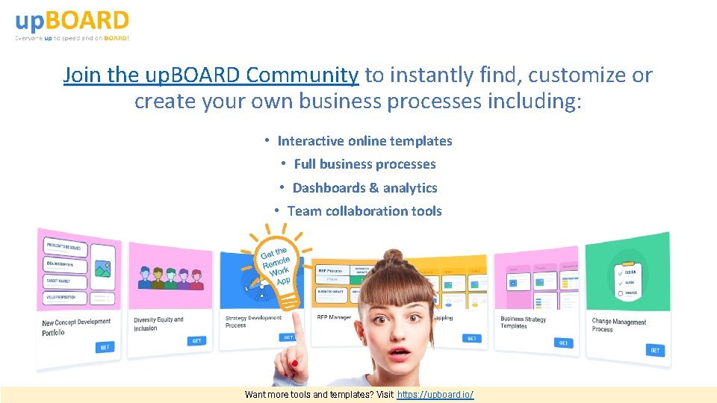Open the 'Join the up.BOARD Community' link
pyautogui.click(x=211, y=75)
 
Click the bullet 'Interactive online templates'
pyautogui.click(x=364, y=140)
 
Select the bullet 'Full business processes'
pyautogui.click(x=364, y=164)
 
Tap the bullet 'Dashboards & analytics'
pyautogui.click(x=364, y=187)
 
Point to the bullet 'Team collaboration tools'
pyautogui.click(x=364, y=211)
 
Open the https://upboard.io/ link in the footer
pyautogui.click(x=435, y=394)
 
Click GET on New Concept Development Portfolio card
pyautogui.click(x=105, y=347)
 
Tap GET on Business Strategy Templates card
pyautogui.click(x=563, y=343)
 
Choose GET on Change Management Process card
pyautogui.click(x=655, y=350)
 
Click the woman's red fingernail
pyautogui.click(x=294, y=363)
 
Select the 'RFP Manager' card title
pyautogui.click(x=334, y=317)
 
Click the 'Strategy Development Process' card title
pyautogui.click(x=253, y=321)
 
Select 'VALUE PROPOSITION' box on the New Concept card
pyautogui.click(x=66, y=298)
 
